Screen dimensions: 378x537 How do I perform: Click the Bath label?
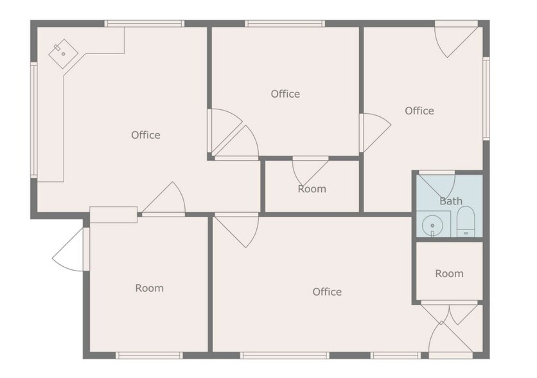coord(450,201)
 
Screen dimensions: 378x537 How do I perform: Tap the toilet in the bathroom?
coord(465,222)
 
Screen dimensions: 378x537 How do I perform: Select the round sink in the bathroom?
coord(433,226)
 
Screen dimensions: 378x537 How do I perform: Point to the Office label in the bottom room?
coord(327,292)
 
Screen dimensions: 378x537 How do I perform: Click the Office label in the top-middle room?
coord(285,94)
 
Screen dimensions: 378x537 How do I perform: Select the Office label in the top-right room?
coord(419,111)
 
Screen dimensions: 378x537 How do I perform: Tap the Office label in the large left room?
coord(146,135)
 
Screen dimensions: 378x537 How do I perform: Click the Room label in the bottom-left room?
coord(149,288)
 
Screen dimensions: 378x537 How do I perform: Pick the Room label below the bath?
coord(449,273)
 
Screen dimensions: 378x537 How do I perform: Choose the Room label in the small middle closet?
coord(312,189)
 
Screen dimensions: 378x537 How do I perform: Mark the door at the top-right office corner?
coord(454,40)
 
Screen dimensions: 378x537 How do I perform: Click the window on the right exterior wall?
coord(486,98)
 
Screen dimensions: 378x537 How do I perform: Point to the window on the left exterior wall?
coord(33,120)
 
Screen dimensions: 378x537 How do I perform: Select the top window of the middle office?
coord(285,24)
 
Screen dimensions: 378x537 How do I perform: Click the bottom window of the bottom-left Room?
coord(149,355)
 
